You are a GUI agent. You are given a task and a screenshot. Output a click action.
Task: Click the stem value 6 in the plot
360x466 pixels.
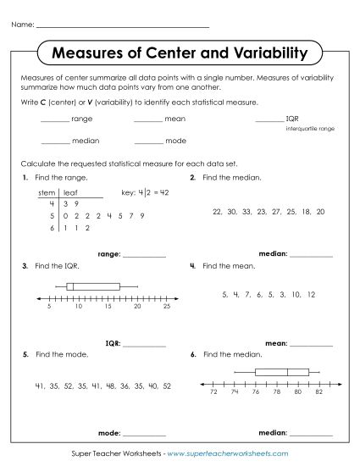pos(52,228)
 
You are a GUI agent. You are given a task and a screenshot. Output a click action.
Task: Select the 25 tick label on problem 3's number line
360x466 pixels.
pos(167,307)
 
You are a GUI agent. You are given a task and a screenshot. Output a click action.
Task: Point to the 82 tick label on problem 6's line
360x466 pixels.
pos(319,392)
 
